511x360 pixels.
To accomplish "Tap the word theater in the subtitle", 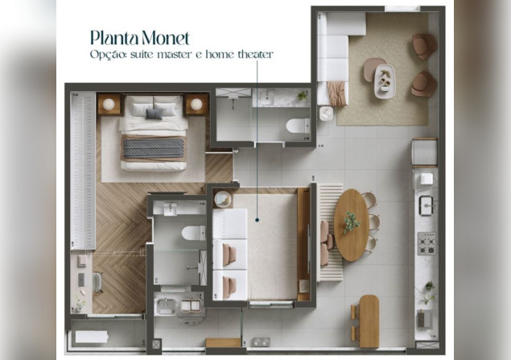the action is click(x=255, y=54).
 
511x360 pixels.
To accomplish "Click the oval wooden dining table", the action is click(x=352, y=225).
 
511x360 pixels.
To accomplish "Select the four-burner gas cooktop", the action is click(x=427, y=243).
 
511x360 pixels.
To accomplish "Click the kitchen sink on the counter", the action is click(x=426, y=205).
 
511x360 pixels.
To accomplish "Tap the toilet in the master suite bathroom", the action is click(x=194, y=233).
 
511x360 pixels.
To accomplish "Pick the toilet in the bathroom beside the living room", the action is click(x=298, y=126).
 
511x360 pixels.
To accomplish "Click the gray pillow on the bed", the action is click(x=155, y=114).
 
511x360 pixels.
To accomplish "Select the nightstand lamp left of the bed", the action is click(x=109, y=105).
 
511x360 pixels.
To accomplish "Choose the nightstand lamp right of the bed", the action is click(x=196, y=105).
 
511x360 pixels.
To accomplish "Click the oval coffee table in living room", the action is click(x=385, y=81).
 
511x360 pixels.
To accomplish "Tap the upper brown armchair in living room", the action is click(x=424, y=46).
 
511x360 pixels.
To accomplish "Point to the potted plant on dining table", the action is click(x=351, y=222).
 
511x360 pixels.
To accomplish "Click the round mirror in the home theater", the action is click(x=223, y=199).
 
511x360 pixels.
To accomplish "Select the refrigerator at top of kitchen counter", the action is click(x=425, y=152).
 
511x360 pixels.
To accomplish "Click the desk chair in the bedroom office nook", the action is click(x=97, y=282).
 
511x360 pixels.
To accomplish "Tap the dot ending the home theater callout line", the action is click(x=258, y=220).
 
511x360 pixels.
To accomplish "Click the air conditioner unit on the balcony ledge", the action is click(x=91, y=337).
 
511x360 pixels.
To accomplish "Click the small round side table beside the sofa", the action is click(x=327, y=114).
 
